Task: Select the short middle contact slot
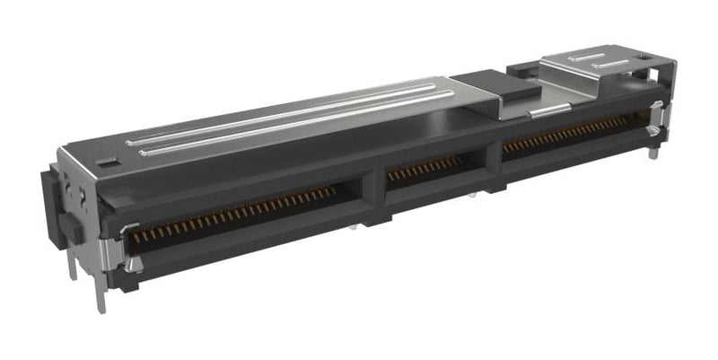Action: (x=424, y=168)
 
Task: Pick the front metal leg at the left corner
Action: (x=101, y=296)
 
